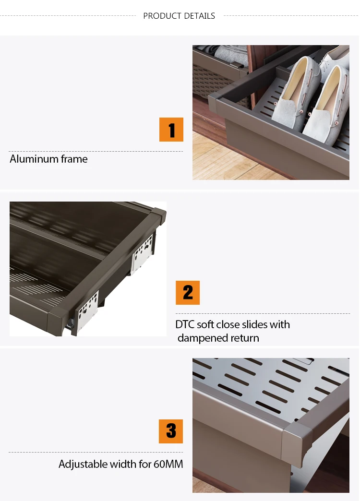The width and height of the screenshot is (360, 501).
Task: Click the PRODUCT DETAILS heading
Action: tap(179, 16)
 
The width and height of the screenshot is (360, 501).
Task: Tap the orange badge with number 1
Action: tap(171, 130)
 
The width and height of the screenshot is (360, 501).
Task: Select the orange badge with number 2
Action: tap(188, 293)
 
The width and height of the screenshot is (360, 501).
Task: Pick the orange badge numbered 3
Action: tap(171, 431)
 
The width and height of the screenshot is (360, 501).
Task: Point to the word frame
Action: tap(74, 159)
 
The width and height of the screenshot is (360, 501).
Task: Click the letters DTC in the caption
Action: tap(185, 324)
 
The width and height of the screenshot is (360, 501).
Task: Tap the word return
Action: tap(244, 338)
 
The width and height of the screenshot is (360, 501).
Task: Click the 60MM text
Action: tap(168, 464)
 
